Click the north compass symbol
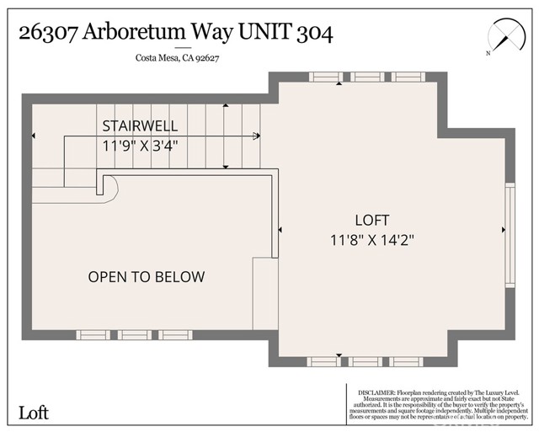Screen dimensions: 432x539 click(x=504, y=38)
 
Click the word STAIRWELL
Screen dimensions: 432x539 click(x=140, y=126)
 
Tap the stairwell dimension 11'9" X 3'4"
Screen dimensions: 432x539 click(x=140, y=145)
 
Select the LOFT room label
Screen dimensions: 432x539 click(x=371, y=221)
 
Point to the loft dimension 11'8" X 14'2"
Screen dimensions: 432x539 click(x=371, y=239)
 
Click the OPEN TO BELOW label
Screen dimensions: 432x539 click(x=147, y=277)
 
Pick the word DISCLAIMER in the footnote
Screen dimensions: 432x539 click(x=376, y=392)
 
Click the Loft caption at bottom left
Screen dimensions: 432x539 click(x=34, y=413)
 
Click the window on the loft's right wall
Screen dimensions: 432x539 click(x=509, y=235)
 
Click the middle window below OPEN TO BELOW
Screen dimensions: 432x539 click(x=135, y=334)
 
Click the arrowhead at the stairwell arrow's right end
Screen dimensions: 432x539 click(x=256, y=135)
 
